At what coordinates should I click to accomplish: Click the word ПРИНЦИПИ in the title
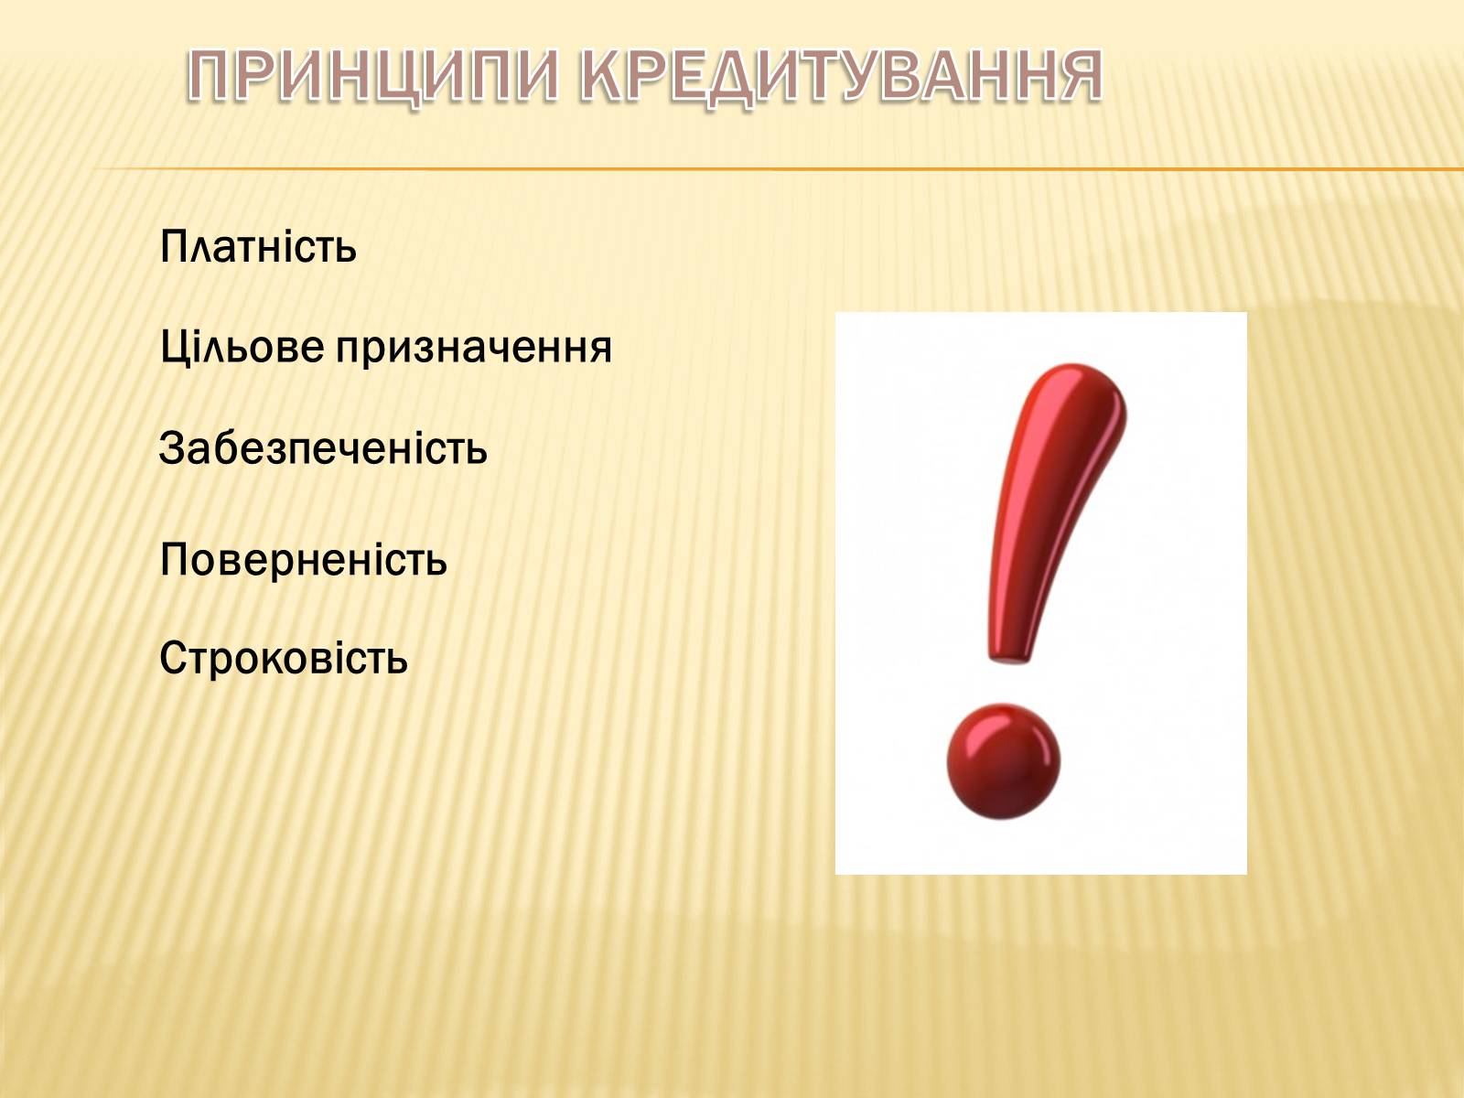tap(372, 76)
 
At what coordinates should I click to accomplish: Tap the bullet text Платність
tap(258, 246)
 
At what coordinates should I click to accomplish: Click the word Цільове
tap(242, 348)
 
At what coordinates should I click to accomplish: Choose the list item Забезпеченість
tap(324, 447)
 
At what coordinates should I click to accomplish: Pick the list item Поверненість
tap(304, 559)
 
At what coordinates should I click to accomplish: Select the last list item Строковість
tap(284, 657)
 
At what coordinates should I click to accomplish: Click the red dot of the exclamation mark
tap(1003, 761)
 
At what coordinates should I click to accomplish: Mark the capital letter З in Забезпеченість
tap(171, 447)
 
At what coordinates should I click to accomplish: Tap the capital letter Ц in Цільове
tap(175, 348)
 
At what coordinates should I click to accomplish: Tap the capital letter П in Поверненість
tap(175, 559)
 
